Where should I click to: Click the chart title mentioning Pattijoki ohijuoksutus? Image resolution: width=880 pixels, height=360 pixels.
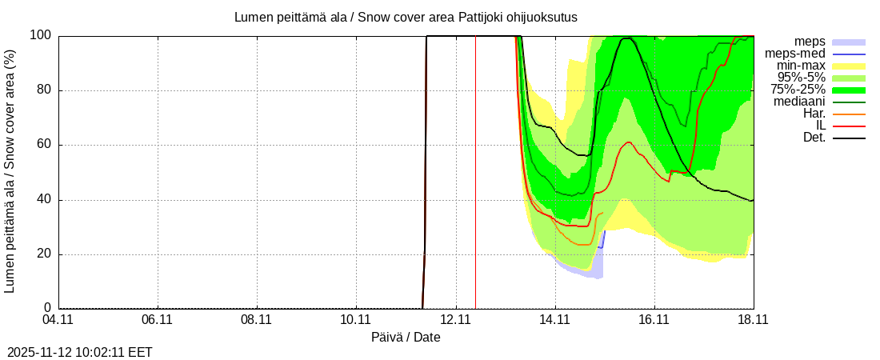coord(406,17)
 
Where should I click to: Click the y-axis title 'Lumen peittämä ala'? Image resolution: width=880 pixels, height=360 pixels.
coord(10,171)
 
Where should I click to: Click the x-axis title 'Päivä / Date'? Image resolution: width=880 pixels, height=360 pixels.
coord(406,338)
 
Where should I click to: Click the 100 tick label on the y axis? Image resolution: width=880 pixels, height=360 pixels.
coord(41,35)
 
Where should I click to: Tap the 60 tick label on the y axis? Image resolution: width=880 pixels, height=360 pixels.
coord(44,145)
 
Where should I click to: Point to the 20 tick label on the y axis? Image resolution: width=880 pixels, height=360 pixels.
coord(44,254)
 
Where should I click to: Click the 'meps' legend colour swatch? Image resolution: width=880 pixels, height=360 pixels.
coord(849,42)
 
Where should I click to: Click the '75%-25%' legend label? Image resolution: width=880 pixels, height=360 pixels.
coord(802,90)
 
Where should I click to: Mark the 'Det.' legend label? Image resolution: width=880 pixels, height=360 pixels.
coord(813,138)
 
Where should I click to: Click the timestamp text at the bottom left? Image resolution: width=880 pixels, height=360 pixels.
coord(80,352)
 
